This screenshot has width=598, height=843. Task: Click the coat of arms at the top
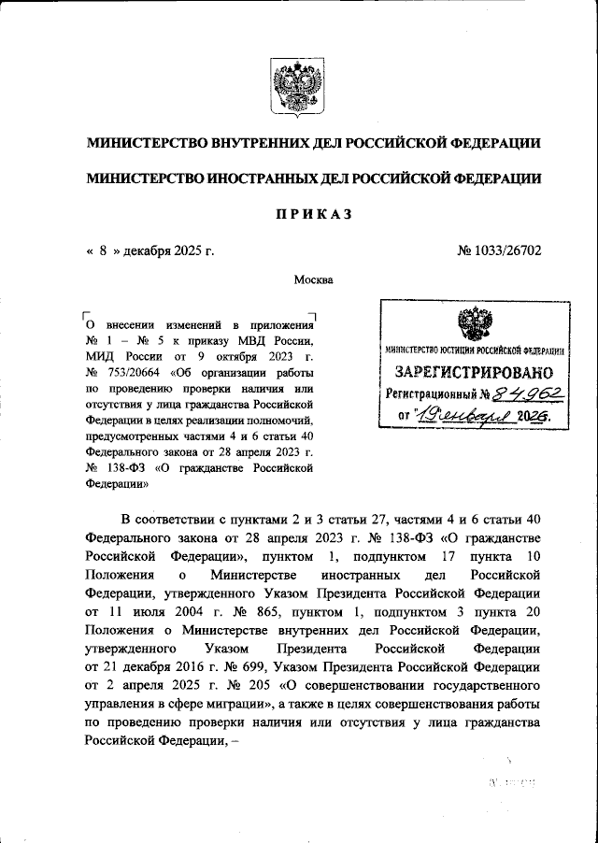[x=298, y=85]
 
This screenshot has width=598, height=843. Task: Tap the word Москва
[x=313, y=279]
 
